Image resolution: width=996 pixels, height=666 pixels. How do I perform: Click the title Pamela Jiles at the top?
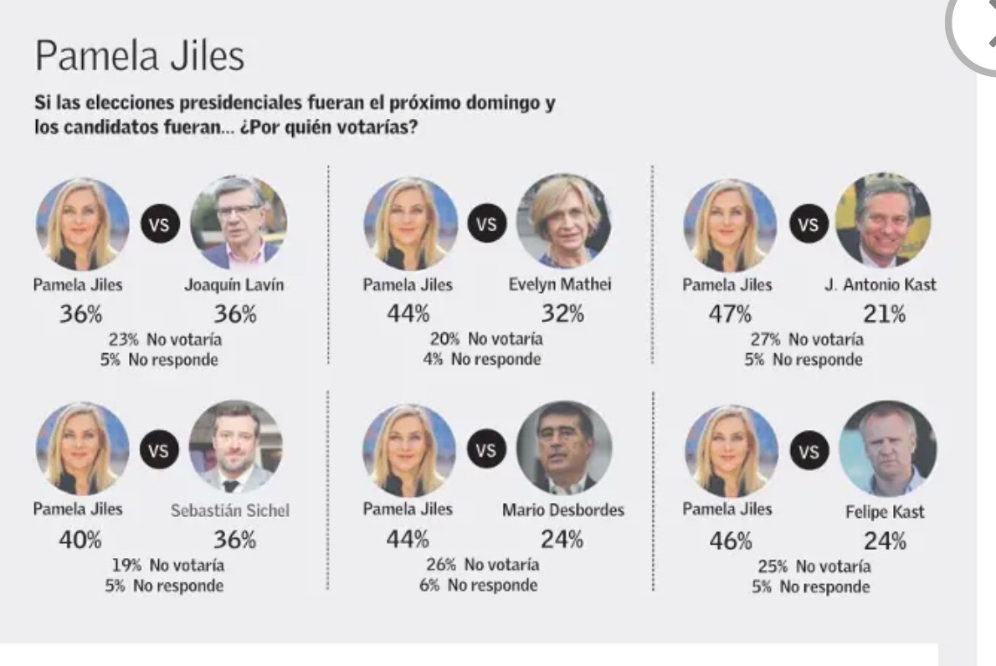point(139,58)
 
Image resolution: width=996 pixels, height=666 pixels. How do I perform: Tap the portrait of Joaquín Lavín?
point(239,223)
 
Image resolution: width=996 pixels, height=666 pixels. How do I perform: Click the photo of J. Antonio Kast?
point(883,220)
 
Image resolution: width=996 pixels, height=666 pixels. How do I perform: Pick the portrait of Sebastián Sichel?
point(237,447)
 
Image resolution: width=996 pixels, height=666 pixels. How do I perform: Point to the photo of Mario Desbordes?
point(564,448)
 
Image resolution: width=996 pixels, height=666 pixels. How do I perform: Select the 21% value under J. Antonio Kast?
point(884,315)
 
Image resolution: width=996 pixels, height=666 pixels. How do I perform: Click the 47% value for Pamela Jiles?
point(730,315)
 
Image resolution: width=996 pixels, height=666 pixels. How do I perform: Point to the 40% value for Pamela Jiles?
point(80,540)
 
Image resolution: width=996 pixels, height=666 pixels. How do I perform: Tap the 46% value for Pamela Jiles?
point(730,540)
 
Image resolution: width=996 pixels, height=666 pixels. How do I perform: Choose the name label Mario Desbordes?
point(563,510)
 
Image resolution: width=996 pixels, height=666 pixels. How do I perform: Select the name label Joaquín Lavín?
point(234,284)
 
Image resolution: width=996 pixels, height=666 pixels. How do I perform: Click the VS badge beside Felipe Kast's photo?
point(809,452)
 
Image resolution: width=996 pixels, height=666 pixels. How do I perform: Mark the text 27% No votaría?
point(803,340)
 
